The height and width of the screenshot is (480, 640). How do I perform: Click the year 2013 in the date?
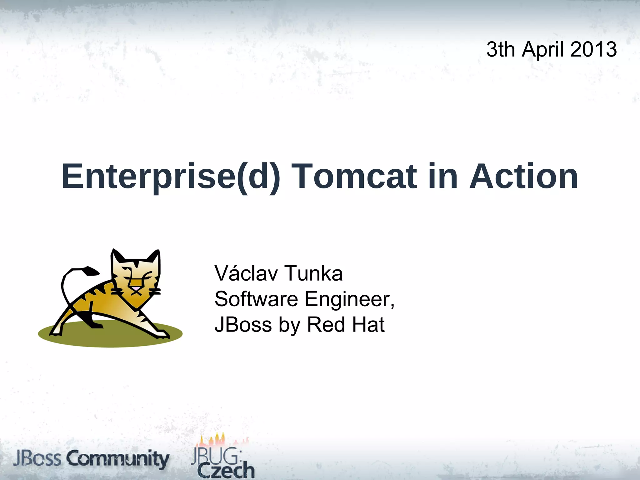point(593,49)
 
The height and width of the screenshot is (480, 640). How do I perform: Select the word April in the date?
point(543,50)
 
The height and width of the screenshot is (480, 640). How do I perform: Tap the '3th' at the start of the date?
point(501,49)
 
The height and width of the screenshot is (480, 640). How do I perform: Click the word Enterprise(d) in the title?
point(171,177)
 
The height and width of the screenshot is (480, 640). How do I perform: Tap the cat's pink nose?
point(136,287)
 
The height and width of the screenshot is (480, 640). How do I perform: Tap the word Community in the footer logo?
point(118,460)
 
